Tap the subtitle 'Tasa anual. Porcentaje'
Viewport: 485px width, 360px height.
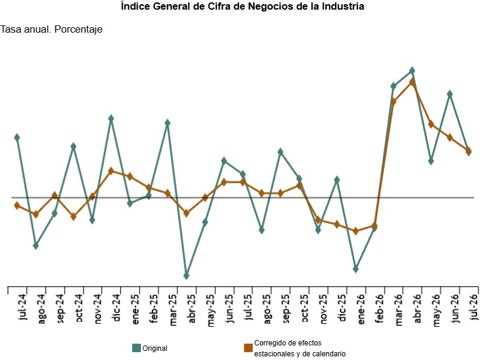(x=51, y=30)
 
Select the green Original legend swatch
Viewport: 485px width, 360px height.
(x=137, y=348)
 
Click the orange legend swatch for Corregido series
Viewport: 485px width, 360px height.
(x=249, y=348)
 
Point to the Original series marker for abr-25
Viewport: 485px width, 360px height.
(x=186, y=275)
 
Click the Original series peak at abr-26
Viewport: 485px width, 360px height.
(x=412, y=71)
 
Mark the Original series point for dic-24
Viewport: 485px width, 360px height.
(x=111, y=119)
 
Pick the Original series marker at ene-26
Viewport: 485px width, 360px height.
(x=356, y=269)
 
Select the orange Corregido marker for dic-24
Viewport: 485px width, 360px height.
(x=111, y=171)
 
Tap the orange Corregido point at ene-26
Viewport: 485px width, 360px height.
(x=356, y=231)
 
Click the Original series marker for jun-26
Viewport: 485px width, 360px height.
(x=450, y=94)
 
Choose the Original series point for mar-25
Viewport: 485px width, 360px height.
(x=168, y=123)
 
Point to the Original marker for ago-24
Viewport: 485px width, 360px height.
(x=36, y=246)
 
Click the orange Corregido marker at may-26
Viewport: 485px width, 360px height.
(x=431, y=125)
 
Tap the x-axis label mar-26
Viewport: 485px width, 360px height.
(x=399, y=310)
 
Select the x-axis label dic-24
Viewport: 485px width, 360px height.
(x=116, y=308)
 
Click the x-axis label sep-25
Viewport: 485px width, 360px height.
(x=285, y=309)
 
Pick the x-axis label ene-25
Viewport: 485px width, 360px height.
(x=135, y=309)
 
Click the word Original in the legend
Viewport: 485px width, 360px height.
(x=155, y=349)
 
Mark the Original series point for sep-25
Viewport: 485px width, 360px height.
(x=280, y=152)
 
